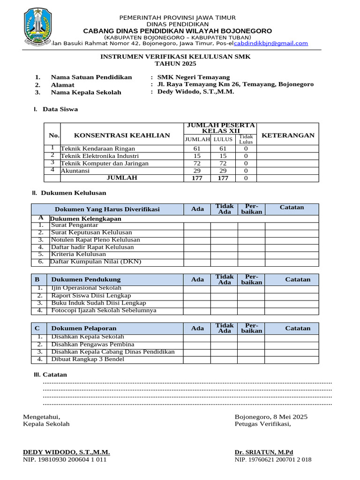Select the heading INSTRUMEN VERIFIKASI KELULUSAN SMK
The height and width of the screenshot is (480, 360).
(176, 56)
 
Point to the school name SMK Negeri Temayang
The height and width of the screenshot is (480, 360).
(194, 77)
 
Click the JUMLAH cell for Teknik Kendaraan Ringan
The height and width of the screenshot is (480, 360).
(197, 149)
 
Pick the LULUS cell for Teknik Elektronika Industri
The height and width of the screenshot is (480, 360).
(224, 156)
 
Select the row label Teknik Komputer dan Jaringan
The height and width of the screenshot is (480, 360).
(105, 164)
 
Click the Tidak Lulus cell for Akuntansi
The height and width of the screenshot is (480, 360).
(246, 171)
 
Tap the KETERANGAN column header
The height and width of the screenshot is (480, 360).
(288, 135)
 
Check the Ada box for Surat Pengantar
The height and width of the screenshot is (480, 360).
(197, 225)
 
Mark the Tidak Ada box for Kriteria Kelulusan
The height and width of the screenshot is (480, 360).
(224, 255)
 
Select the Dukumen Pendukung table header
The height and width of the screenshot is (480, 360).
(86, 279)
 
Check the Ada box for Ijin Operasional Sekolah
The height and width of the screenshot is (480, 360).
(197, 289)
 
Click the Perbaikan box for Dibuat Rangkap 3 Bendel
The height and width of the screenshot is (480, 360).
(251, 360)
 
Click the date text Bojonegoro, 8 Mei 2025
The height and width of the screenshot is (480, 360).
(271, 417)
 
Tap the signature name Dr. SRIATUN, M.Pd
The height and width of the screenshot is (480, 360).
(263, 452)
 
